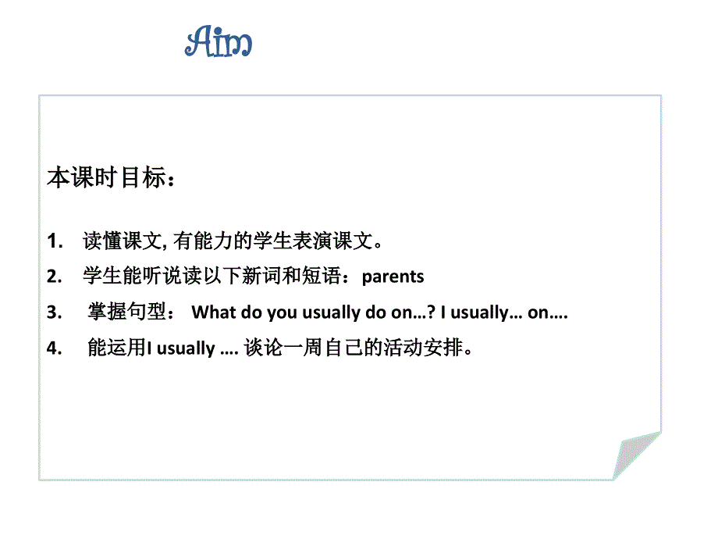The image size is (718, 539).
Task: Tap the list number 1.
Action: [x=55, y=242]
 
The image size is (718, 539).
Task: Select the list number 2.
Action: [x=54, y=277]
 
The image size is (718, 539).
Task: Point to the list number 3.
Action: [x=54, y=313]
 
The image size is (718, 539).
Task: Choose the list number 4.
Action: [x=54, y=349]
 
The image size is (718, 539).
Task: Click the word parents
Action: [x=393, y=277]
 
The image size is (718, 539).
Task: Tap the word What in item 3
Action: [x=213, y=313]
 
